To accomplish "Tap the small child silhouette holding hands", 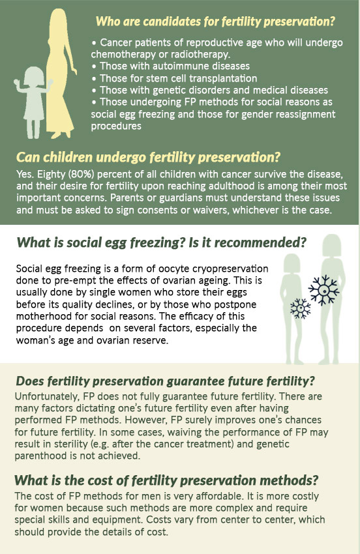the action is [33, 102].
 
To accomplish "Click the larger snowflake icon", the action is [323, 290].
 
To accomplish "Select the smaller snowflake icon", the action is [300, 308].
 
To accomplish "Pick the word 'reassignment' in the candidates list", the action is [303, 115].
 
